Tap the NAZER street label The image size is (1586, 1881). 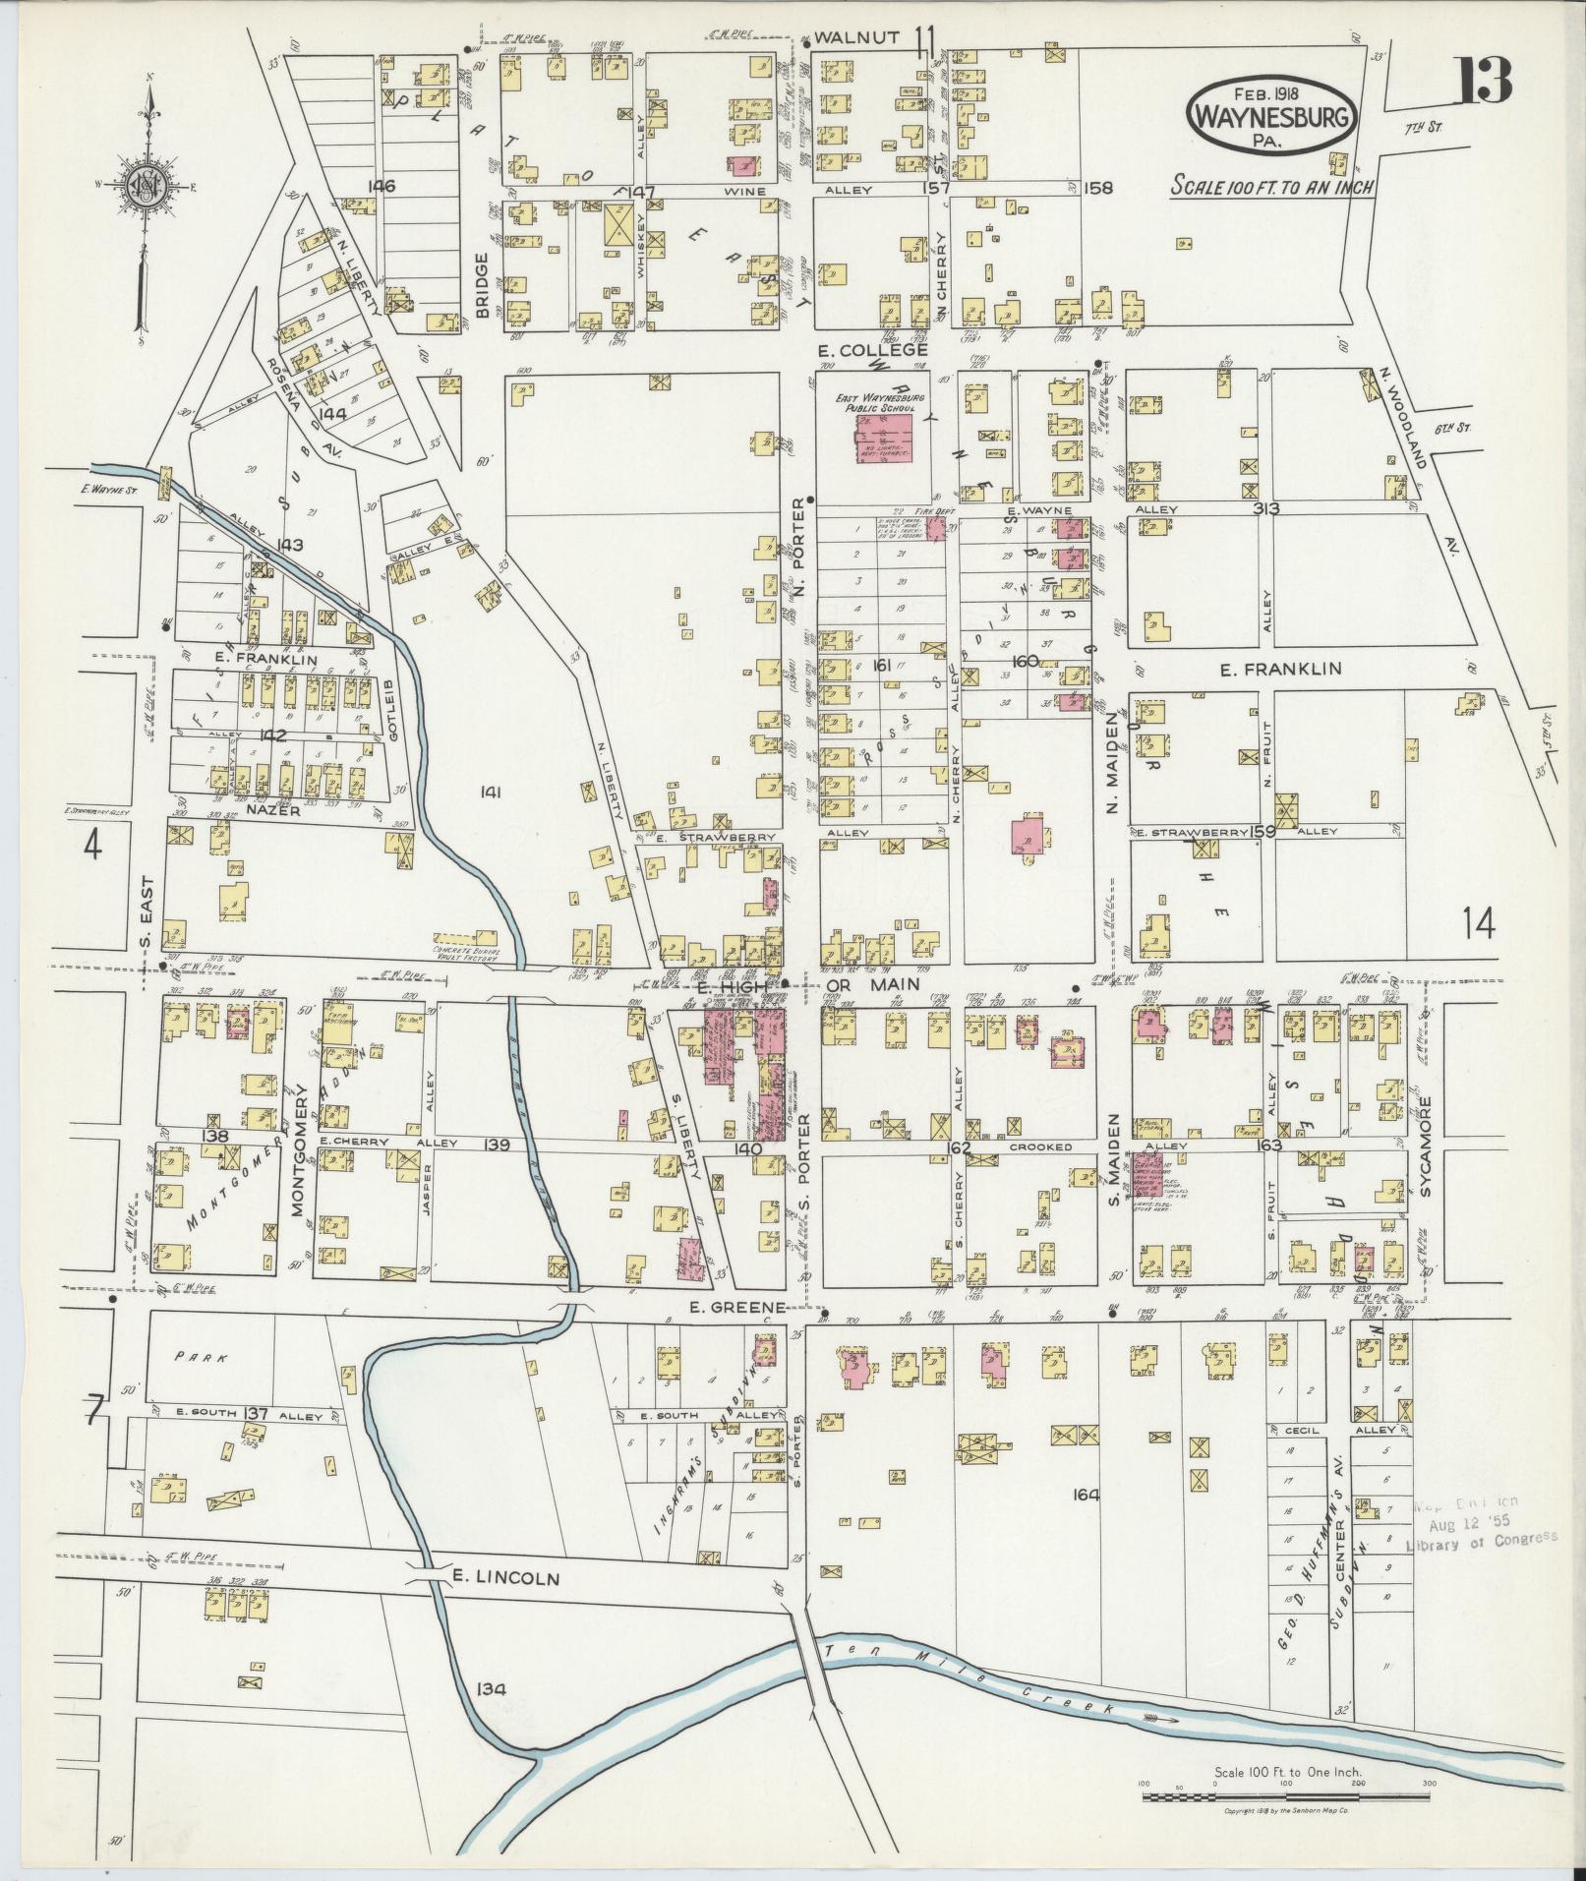266,813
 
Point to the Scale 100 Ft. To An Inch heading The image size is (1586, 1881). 1270,186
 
